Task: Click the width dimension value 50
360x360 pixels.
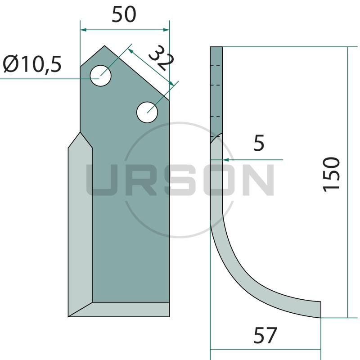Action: tap(124, 15)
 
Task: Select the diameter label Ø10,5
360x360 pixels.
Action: tap(32, 64)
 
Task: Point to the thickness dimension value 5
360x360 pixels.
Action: tap(259, 143)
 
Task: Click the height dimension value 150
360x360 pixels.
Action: tap(331, 174)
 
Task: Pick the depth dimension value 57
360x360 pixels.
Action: tap(265, 335)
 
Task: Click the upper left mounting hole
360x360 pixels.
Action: tap(100, 76)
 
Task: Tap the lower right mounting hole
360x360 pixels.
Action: tap(147, 112)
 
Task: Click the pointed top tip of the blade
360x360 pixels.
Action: tap(104, 46)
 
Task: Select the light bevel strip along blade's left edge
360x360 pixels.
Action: tap(81, 225)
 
